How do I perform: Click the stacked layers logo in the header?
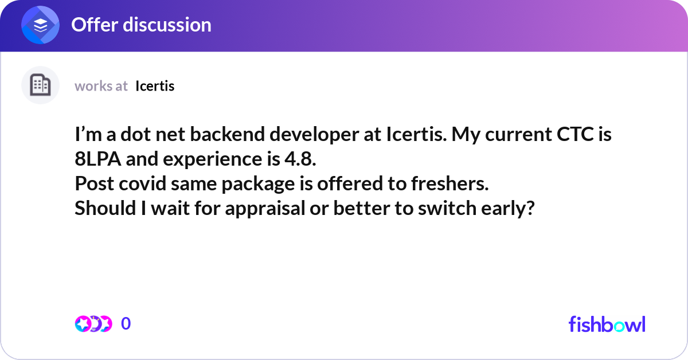(41, 26)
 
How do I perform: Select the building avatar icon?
(40, 85)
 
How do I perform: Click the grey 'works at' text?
(101, 86)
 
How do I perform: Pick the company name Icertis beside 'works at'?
(155, 86)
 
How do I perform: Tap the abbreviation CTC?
(573, 135)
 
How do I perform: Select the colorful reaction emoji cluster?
(93, 324)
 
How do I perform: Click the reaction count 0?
(126, 324)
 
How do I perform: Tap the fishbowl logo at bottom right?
(607, 324)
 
